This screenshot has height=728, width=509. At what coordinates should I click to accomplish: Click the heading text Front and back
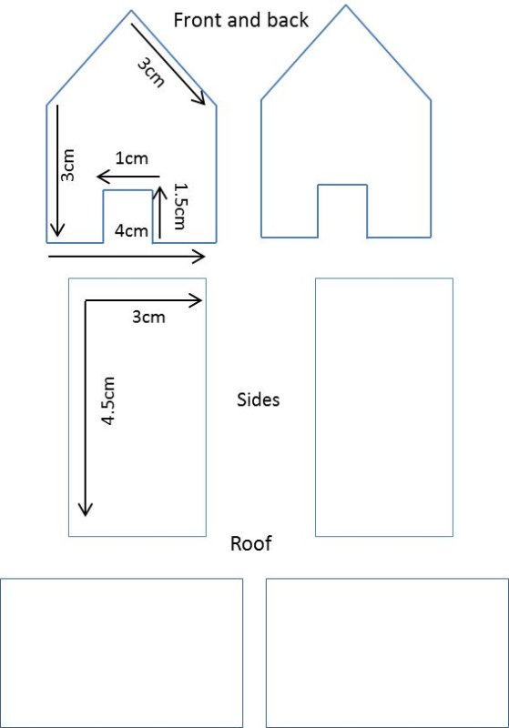[240, 20]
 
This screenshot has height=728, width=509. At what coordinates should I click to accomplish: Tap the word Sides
[259, 399]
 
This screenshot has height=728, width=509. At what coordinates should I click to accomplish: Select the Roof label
[250, 543]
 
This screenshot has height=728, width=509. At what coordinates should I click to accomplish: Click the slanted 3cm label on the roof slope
[151, 73]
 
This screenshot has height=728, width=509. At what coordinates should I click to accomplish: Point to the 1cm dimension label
[131, 158]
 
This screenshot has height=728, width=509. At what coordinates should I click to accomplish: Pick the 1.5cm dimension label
[179, 207]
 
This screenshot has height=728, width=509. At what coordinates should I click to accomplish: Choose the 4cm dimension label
[131, 231]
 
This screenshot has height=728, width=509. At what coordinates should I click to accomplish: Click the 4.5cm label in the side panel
[108, 400]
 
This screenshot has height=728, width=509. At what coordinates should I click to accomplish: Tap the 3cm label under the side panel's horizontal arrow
[148, 317]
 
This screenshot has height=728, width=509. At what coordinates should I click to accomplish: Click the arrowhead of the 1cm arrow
[97, 177]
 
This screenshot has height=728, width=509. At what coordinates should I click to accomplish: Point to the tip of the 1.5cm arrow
[159, 187]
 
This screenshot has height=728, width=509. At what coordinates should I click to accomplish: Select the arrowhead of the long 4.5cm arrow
[86, 515]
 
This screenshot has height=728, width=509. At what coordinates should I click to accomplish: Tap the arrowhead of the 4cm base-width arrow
[205, 257]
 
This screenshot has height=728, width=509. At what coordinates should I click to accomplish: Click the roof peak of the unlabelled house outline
[345, 5]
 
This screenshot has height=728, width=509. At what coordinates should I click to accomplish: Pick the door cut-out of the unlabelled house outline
[342, 211]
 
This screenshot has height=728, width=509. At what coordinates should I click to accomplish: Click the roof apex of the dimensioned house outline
[131, 11]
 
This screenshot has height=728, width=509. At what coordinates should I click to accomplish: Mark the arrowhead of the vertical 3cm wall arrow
[57, 236]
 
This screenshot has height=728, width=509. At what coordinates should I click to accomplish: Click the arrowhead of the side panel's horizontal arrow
[201, 301]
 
